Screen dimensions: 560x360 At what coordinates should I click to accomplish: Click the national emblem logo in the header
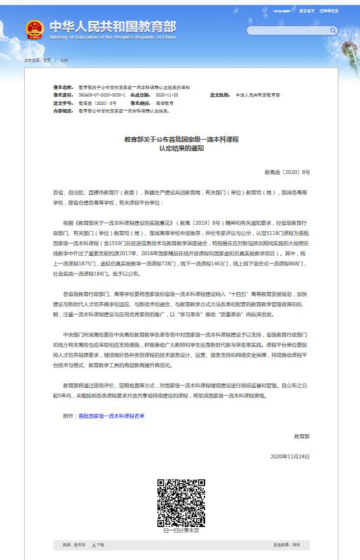pos(34,29)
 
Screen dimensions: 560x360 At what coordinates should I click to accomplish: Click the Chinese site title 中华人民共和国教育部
pos(112,26)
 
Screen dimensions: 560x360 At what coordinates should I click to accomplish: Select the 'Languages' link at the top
pos(282,11)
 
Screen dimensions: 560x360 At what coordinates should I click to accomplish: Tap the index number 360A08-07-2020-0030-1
pos(98,95)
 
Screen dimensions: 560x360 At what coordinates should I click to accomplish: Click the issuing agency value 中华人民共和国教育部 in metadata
pos(257,95)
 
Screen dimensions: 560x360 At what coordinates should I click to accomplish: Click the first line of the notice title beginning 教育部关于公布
pos(181,138)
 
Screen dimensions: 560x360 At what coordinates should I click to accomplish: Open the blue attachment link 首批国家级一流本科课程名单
pos(111,415)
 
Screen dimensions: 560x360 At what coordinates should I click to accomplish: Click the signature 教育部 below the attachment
pos(302,436)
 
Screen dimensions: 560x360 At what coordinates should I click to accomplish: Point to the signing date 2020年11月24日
pos(290,457)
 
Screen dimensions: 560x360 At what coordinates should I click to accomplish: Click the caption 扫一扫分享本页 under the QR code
pos(180,531)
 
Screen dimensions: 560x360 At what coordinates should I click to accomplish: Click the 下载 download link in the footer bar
pos(98,545)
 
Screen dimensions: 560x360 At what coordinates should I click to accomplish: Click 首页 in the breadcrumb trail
pos(46,60)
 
